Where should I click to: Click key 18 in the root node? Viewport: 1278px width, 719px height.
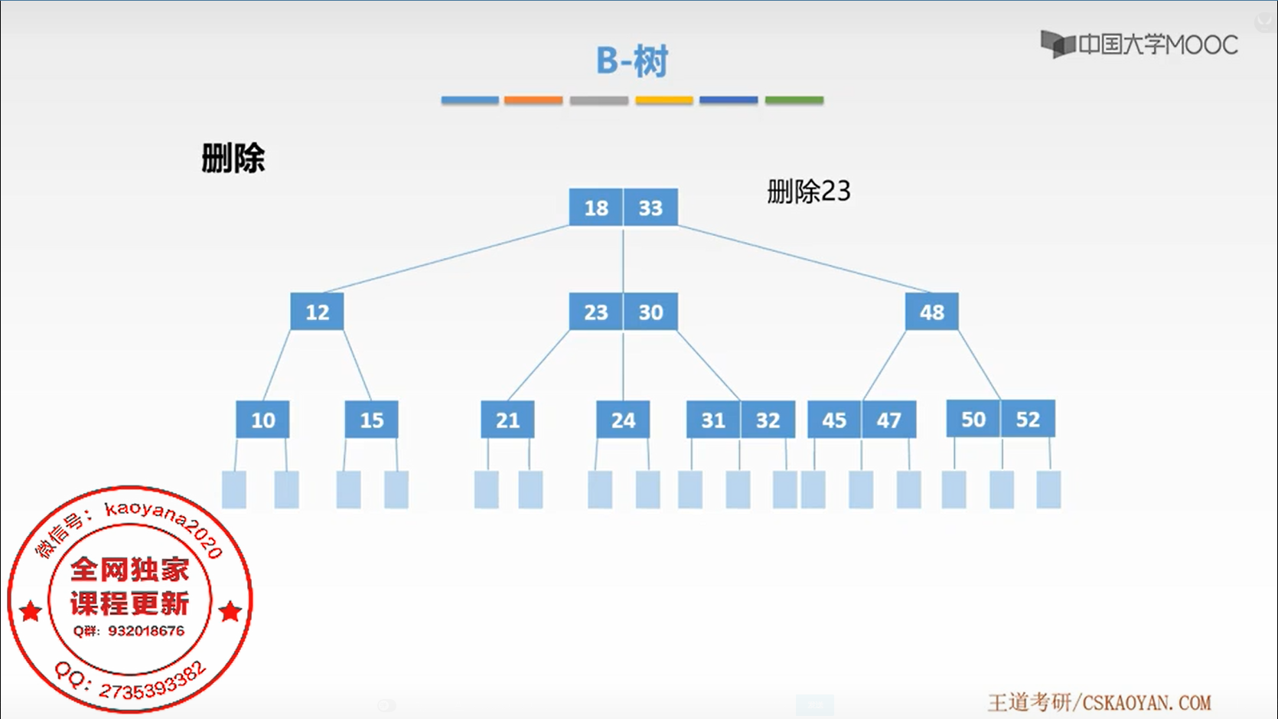pos(596,208)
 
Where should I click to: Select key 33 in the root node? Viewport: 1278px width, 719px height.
pos(650,208)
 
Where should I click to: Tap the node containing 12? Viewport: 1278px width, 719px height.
pos(317,312)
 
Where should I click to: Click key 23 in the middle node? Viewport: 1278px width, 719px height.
pos(596,312)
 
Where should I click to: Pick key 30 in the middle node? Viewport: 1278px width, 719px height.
pos(650,312)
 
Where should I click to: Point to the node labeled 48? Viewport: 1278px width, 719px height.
pos(931,312)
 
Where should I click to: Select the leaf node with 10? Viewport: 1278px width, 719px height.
pos(262,420)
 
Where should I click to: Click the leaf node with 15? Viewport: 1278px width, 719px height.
pos(371,420)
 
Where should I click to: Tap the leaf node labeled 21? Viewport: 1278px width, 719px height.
pos(507,420)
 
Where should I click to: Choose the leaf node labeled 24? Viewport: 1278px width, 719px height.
pos(623,420)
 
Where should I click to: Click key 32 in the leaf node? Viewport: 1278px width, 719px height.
pos(768,420)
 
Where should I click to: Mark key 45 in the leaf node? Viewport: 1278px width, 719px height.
pos(834,420)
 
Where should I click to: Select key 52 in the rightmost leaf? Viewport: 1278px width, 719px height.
pos(1028,419)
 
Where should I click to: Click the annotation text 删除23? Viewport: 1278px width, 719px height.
pos(808,191)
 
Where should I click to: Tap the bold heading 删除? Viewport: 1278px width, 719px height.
pos(233,159)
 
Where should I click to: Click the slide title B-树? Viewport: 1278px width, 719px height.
pos(632,60)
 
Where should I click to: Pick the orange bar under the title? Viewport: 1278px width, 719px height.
pos(533,100)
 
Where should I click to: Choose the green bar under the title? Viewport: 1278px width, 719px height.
pos(794,100)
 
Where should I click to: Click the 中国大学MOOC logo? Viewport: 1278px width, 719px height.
pos(1139,44)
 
